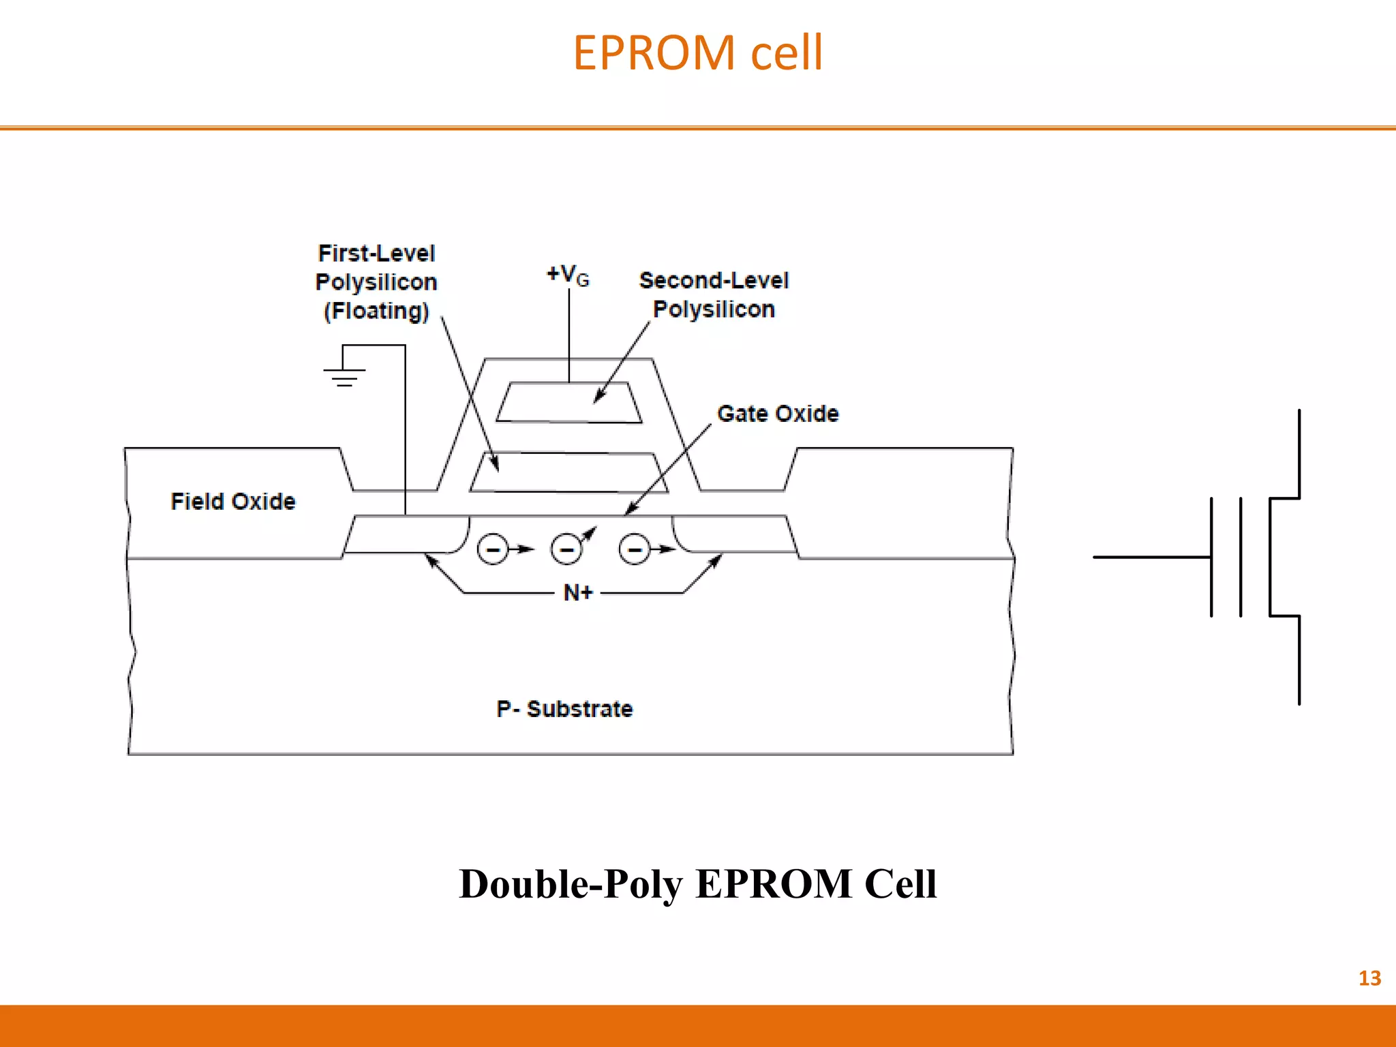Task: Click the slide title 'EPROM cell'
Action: (x=697, y=53)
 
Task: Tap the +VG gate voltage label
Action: (x=567, y=275)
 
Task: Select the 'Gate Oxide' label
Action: (x=778, y=414)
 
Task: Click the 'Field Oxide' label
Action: (x=233, y=502)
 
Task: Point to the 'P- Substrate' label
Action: (x=564, y=709)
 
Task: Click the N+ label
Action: (x=578, y=593)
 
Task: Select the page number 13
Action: (x=1369, y=978)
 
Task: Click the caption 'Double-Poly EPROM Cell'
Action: (x=697, y=884)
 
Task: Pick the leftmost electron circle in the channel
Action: (x=492, y=549)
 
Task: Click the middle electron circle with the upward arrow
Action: (x=566, y=549)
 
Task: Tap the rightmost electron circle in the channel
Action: (x=634, y=549)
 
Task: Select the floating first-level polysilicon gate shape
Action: (x=569, y=472)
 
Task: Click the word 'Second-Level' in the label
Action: (x=714, y=280)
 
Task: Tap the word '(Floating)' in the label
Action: (x=376, y=311)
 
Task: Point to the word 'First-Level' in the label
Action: (x=376, y=254)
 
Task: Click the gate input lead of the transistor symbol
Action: (x=1152, y=557)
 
